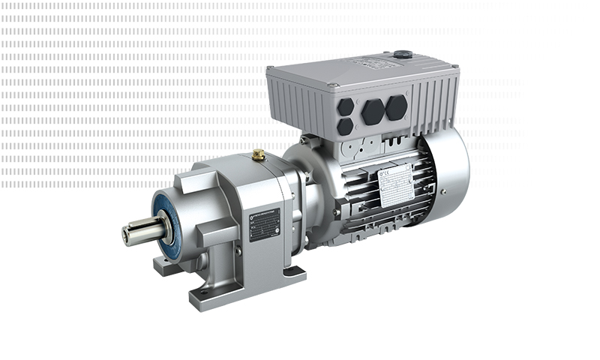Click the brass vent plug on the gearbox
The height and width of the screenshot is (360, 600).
click(x=258, y=154)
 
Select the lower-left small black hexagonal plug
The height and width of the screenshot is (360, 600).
click(x=345, y=127)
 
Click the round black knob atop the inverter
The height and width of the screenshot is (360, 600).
click(x=402, y=54)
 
